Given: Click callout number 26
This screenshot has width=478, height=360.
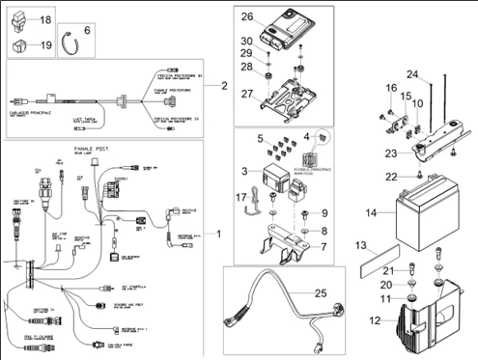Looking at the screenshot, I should pos(247,16).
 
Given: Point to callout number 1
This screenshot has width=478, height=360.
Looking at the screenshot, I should pos(217,235).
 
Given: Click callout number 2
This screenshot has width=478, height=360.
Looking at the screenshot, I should pos(223,86).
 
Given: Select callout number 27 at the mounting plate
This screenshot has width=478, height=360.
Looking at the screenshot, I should pos(247,94).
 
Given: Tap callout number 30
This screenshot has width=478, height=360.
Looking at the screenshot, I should pos(247,41).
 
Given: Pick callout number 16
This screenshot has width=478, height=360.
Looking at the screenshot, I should pos(391,88).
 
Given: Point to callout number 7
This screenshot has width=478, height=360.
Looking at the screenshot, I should pos(325,247).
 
